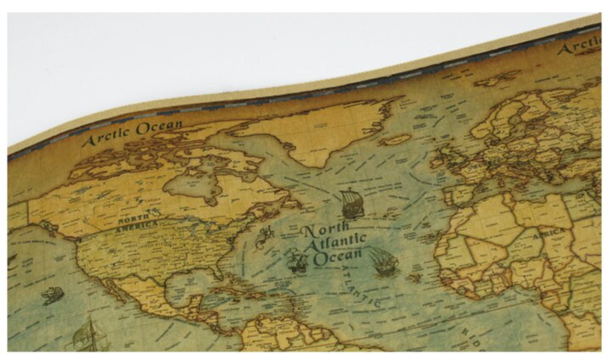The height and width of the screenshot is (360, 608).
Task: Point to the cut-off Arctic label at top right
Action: click(580, 47)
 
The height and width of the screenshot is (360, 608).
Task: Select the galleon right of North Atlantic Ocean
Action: click(383, 262)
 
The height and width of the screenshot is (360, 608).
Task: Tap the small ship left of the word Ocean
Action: click(297, 262)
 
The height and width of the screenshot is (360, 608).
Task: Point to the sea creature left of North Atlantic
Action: click(266, 235)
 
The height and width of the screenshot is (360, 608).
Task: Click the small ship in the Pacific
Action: click(53, 295)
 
